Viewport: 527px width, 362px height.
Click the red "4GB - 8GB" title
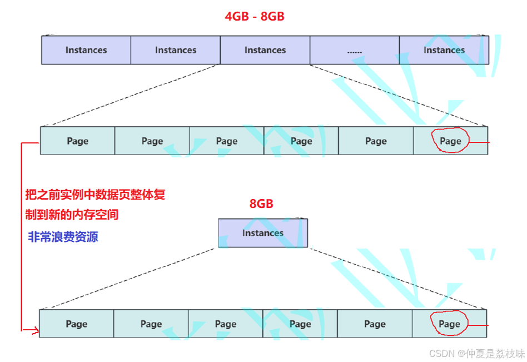[x=255, y=17]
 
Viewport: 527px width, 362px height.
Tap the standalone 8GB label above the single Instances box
[x=261, y=204]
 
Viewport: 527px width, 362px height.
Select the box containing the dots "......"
[x=355, y=51]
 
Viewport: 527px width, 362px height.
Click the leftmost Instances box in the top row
[x=86, y=50]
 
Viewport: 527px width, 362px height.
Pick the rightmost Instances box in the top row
[x=444, y=50]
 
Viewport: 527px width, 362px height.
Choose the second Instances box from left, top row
[x=176, y=50]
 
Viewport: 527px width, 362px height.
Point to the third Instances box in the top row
[x=265, y=50]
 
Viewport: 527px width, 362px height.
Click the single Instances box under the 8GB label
[x=263, y=233]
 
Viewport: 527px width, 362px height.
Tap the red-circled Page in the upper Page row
[x=450, y=141]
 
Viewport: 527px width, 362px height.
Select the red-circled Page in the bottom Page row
[x=449, y=324]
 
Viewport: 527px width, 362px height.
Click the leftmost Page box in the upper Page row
[x=78, y=141]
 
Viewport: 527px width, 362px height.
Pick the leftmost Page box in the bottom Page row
[x=77, y=324]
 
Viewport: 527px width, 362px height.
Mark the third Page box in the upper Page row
[x=227, y=141]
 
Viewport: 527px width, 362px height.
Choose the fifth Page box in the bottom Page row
[x=375, y=324]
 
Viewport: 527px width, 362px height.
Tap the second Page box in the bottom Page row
[x=151, y=324]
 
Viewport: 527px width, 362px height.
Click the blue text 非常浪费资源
[x=63, y=237]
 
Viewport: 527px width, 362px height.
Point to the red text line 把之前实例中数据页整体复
[x=95, y=195]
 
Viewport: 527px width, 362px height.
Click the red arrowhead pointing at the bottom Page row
[x=36, y=331]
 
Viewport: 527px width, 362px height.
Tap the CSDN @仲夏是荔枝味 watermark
[x=477, y=353]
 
